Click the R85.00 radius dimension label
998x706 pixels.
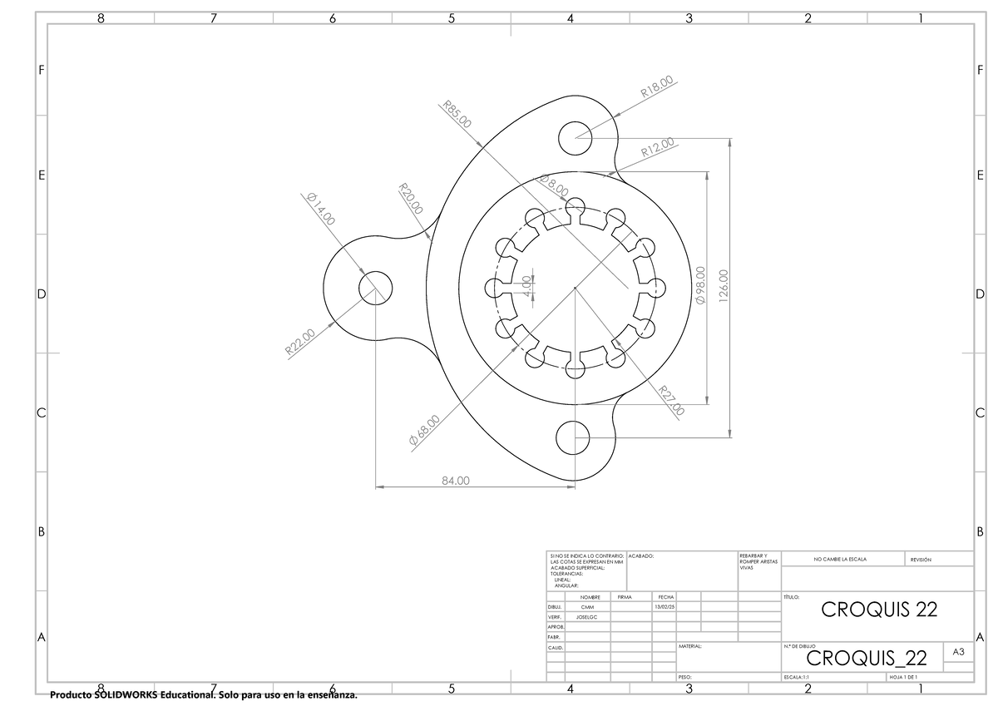pyautogui.click(x=457, y=114)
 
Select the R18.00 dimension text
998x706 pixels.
pyautogui.click(x=657, y=86)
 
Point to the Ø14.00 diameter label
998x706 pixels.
pyautogui.click(x=320, y=209)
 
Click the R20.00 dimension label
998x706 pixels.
pyautogui.click(x=411, y=200)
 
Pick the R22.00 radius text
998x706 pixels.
pyautogui.click(x=300, y=341)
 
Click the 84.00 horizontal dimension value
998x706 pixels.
pyautogui.click(x=455, y=480)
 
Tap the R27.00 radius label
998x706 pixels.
pyautogui.click(x=671, y=401)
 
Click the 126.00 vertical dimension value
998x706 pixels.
pyautogui.click(x=724, y=286)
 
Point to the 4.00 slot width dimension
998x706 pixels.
pyautogui.click(x=526, y=286)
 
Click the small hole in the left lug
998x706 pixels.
pyautogui.click(x=375, y=287)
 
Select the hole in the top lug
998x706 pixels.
pyautogui.click(x=575, y=138)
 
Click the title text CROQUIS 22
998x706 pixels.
pyautogui.click(x=879, y=609)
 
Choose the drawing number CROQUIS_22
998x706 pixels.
pyautogui.click(x=866, y=659)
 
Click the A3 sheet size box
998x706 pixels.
pyautogui.click(x=958, y=654)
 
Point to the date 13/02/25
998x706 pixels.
pyautogui.click(x=665, y=607)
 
